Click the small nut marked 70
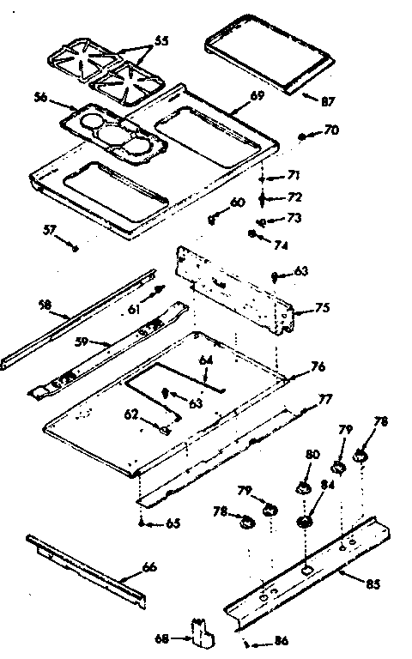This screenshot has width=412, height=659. tap(304, 136)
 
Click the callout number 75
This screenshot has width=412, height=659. tap(323, 307)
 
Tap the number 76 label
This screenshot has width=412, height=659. tap(318, 367)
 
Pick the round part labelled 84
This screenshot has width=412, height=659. tap(305, 522)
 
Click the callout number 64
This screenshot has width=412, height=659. tap(205, 360)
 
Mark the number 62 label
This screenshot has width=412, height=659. tap(131, 414)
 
